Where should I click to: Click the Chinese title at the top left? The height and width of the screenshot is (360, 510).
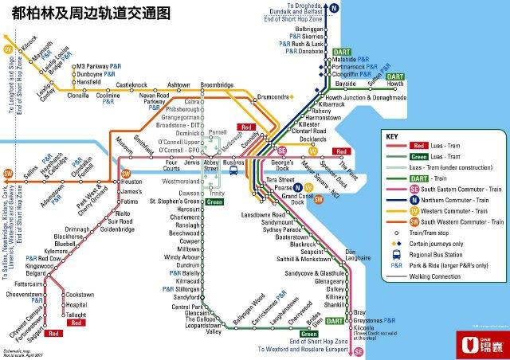85,14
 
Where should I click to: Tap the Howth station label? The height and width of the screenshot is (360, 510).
395,84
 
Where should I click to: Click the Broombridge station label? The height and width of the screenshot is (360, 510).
216,84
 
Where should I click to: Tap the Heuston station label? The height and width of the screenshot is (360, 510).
131,182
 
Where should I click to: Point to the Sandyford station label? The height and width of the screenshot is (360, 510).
186,296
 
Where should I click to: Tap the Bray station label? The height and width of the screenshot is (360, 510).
359,312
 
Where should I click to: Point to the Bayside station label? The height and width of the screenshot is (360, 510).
346,84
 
